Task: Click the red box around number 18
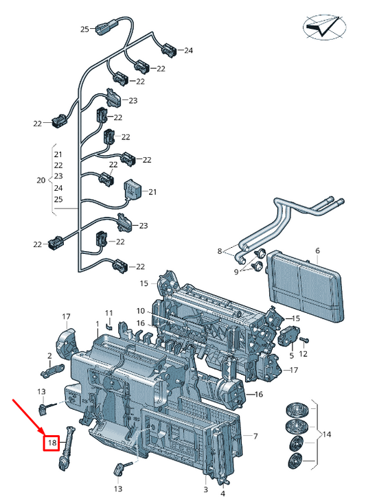(x=52, y=443)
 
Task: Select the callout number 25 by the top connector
(x=84, y=30)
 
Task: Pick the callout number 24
(x=188, y=50)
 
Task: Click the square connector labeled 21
(x=132, y=189)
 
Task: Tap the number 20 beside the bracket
(x=41, y=180)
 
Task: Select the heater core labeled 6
(x=306, y=286)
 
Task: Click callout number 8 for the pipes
(x=219, y=251)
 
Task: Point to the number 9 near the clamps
(x=236, y=272)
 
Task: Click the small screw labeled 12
(x=305, y=340)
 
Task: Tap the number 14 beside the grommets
(x=327, y=434)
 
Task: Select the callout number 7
(x=255, y=436)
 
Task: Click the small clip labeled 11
(x=109, y=325)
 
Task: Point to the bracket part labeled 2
(x=52, y=370)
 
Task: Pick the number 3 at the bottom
(x=205, y=489)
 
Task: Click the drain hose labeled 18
(x=67, y=447)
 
